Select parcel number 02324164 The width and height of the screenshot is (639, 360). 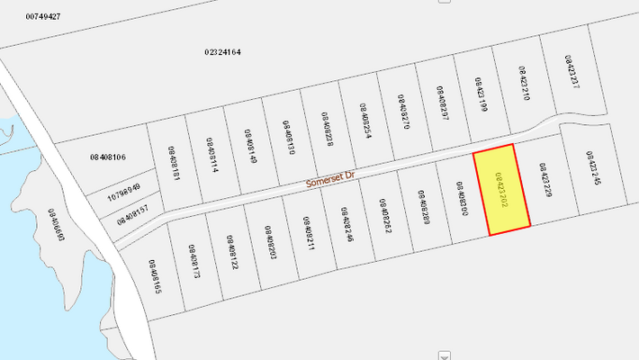point(222,52)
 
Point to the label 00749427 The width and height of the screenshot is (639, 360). point(43,16)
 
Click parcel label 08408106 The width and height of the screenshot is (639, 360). point(107,157)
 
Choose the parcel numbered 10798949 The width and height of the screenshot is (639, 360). point(124,190)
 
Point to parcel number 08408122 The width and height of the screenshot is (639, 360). point(231,252)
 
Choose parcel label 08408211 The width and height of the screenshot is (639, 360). point(308,233)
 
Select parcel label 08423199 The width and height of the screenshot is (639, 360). point(480,94)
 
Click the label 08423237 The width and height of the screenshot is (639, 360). point(571,71)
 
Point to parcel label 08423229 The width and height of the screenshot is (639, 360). point(544,180)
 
